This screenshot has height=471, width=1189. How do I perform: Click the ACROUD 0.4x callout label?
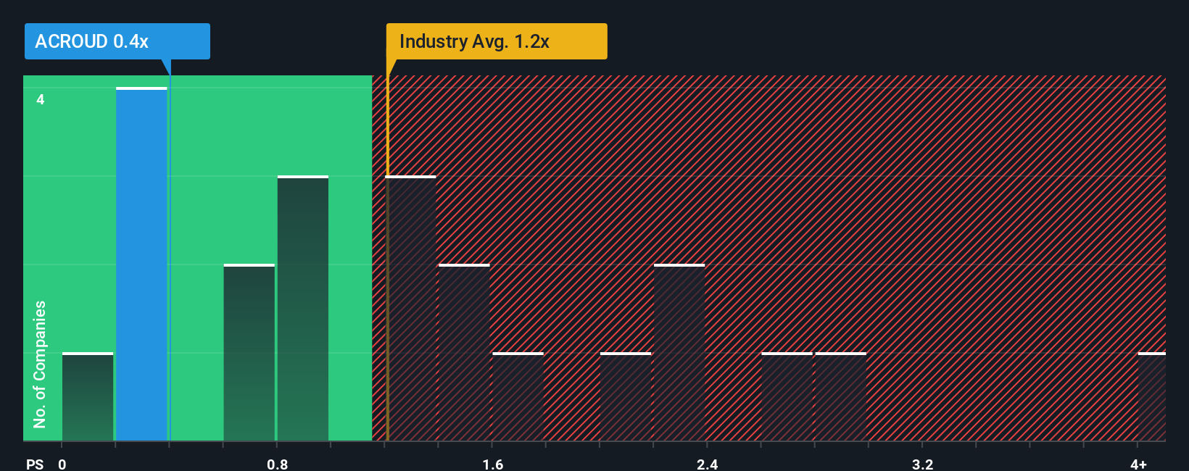(116, 41)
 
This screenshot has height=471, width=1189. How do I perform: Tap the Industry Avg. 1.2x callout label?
(496, 41)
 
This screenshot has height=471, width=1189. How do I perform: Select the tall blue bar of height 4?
(141, 264)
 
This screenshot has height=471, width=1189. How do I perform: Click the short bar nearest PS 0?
(88, 397)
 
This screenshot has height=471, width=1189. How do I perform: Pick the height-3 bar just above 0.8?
(303, 309)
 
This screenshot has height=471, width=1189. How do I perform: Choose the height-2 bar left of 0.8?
(249, 353)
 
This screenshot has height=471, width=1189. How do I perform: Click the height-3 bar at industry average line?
(411, 309)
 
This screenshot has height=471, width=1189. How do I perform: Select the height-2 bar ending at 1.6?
(465, 353)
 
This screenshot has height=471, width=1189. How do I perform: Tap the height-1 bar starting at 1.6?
(518, 397)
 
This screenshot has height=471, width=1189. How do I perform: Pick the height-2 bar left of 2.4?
(679, 353)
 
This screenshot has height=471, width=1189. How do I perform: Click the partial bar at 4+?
(1152, 397)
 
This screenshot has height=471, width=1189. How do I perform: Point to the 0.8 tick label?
(277, 464)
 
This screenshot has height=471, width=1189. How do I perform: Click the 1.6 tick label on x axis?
(492, 464)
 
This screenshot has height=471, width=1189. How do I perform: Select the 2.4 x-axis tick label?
(707, 464)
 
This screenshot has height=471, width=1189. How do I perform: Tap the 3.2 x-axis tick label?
(922, 464)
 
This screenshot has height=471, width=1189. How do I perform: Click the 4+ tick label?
(1138, 464)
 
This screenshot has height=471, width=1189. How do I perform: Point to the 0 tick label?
(62, 464)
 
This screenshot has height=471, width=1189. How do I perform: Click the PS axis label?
(35, 464)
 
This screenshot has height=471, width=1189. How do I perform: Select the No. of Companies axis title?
(40, 364)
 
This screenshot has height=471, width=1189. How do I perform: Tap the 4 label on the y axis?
(41, 99)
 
